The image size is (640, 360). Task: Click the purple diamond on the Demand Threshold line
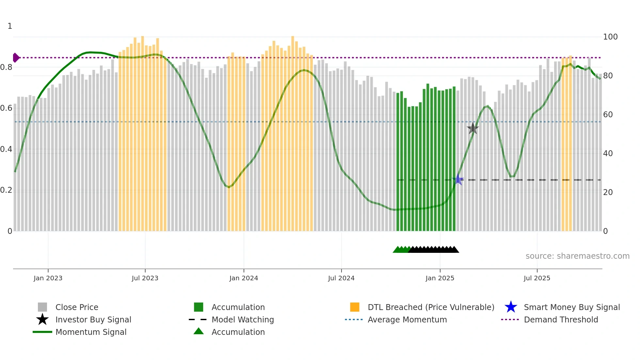16,58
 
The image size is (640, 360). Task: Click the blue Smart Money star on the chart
458,180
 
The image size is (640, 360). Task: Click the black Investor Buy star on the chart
472,129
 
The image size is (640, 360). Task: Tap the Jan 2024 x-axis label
244,278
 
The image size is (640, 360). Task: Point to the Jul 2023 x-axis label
145,278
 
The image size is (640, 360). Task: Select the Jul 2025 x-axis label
537,278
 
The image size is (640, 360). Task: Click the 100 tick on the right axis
610,37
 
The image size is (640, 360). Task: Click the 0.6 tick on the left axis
6,108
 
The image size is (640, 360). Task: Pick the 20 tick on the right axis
608,192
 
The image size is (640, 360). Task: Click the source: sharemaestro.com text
577,256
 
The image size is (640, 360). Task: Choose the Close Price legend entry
77,307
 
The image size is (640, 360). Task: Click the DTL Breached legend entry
431,307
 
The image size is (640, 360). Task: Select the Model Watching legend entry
243,319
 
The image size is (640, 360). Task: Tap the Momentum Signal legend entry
91,332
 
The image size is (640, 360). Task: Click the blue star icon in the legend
511,307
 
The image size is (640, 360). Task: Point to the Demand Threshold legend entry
561,319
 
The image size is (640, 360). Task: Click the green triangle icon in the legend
199,332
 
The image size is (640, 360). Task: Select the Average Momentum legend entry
407,319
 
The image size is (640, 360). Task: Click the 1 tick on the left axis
10,26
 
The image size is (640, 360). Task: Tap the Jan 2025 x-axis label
440,278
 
